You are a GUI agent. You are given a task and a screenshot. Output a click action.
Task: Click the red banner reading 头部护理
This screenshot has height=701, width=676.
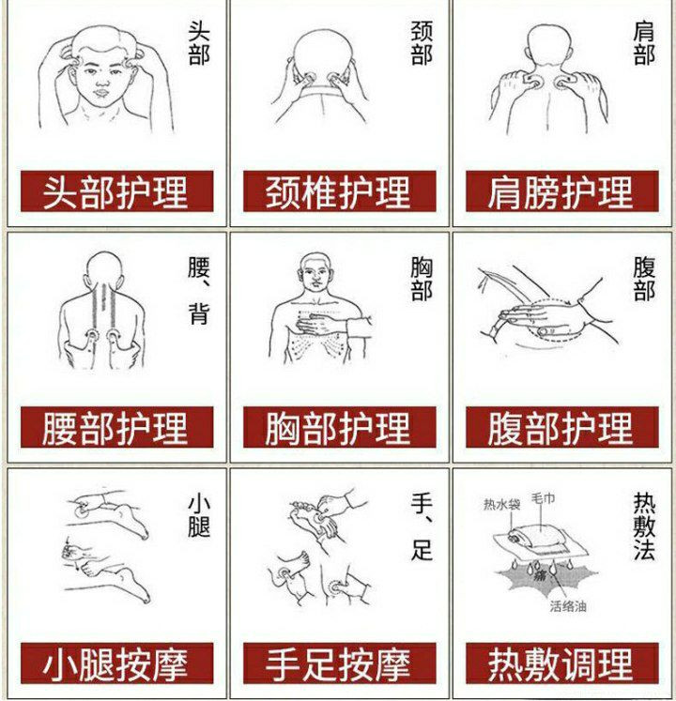coord(116,191)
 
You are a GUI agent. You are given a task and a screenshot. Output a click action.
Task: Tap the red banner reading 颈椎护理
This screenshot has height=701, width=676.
coord(340,191)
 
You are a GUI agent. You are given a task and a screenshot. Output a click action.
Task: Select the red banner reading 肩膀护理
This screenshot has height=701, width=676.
coord(561,191)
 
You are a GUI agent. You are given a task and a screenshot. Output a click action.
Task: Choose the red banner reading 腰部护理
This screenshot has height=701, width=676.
coord(116,427)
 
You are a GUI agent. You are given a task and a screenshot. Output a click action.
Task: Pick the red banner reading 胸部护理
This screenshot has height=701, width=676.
coord(340,427)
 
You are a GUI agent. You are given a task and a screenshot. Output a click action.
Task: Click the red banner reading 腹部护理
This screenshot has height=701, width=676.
coord(561,427)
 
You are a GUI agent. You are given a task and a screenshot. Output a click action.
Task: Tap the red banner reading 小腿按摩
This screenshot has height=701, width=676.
coord(116,663)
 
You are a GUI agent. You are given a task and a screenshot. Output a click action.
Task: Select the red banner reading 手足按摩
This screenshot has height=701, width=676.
coord(340,663)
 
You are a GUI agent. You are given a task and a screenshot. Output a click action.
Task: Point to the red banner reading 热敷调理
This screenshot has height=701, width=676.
coord(561,663)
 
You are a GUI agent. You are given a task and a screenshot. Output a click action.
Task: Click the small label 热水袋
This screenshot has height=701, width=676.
coord(501,505)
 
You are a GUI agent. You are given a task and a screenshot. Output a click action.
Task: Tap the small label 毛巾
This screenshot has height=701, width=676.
coord(543,497)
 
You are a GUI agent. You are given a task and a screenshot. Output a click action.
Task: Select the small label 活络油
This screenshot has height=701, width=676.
coord(568,606)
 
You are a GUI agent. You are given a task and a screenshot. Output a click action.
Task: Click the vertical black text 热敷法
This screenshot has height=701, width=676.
coord(644,526)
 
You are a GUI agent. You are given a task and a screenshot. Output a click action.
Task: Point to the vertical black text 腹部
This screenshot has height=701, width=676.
coord(644,279)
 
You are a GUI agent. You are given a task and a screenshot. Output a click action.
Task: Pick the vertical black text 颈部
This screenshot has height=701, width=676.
coord(422,43)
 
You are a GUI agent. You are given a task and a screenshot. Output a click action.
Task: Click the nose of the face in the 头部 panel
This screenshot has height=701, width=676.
coord(102,81)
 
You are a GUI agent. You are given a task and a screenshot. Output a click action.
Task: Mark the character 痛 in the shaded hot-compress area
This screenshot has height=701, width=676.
coord(540,575)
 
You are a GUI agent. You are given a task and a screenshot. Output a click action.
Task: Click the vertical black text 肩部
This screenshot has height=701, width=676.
coord(644,43)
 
